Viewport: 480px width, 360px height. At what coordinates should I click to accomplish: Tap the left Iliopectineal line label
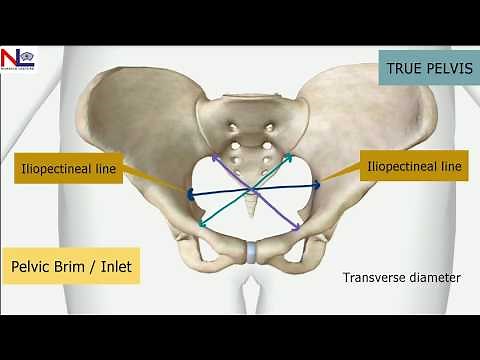coord(67,169)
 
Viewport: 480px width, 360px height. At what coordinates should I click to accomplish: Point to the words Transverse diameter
coord(401,277)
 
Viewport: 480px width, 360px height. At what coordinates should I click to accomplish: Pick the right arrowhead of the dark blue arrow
coord(317,184)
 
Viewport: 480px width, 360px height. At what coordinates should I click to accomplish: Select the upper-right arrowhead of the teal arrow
coord(289,156)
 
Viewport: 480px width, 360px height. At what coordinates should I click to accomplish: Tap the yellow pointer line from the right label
coord(342,176)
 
